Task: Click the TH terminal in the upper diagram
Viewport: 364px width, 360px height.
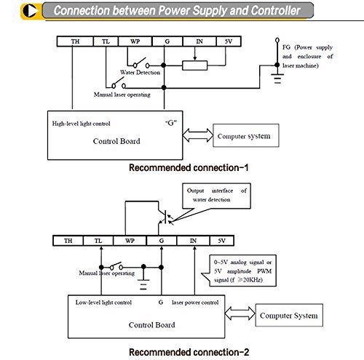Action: [x=75, y=41]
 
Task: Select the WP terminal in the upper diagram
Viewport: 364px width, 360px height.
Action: [x=135, y=41]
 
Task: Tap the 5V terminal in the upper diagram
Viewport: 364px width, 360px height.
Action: [x=229, y=41]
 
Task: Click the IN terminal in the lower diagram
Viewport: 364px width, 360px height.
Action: [x=193, y=241]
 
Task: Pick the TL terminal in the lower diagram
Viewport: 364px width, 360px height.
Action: [x=98, y=241]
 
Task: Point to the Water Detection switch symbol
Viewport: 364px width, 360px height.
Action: [x=141, y=63]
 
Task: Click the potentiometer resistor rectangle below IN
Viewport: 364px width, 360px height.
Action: [x=195, y=65]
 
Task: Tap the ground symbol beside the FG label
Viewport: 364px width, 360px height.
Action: [x=277, y=78]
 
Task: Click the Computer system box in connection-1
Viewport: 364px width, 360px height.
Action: [x=246, y=135]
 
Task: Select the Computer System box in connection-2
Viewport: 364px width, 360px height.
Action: [x=289, y=315]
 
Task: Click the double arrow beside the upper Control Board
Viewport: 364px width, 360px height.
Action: [x=198, y=135]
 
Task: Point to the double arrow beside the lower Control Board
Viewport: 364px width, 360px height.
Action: [x=240, y=313]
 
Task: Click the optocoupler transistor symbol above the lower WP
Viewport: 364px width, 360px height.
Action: [x=165, y=217]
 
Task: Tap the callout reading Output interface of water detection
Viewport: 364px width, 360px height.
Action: [x=216, y=196]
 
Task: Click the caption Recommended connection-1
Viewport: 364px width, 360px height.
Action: [x=189, y=168]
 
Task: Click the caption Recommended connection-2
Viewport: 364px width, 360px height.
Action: [x=189, y=352]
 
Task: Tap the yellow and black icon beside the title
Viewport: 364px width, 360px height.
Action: [x=31, y=11]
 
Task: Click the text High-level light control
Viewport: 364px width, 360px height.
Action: [x=81, y=124]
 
